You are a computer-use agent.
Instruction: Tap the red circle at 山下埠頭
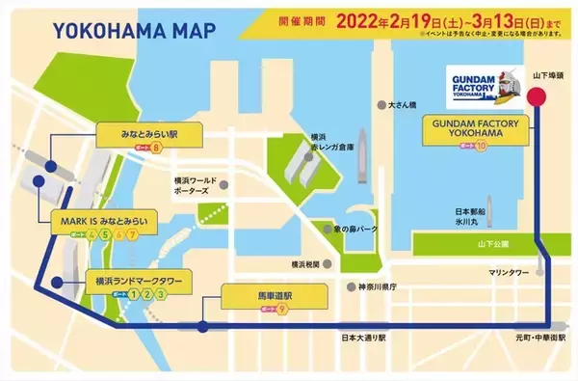(x=538, y=95)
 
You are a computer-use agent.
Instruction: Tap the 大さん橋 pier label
(x=404, y=104)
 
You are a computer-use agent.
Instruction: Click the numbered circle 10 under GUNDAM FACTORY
(x=480, y=144)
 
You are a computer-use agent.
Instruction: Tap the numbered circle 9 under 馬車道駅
(x=282, y=309)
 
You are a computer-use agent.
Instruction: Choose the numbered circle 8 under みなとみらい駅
(x=155, y=148)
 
